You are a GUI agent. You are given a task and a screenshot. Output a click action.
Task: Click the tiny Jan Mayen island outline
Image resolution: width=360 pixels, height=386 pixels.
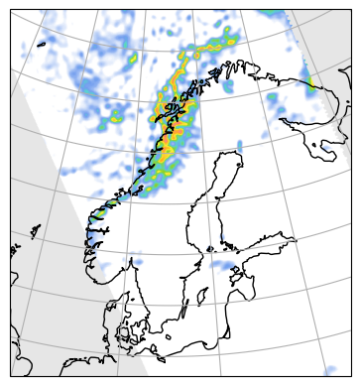pyautogui.click(x=41, y=46)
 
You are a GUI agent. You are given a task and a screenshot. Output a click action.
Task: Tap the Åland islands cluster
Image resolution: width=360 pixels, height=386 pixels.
pyautogui.click(x=211, y=245)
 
